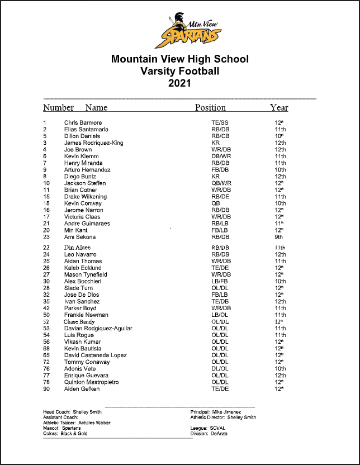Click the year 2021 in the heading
179,83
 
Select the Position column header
210,107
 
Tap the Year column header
279,107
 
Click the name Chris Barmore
83,122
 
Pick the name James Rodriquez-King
93,143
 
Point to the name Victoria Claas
82,216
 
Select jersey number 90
46,388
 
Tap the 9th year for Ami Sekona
280,236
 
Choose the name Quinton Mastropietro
91,382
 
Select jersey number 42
46,308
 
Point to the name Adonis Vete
80,368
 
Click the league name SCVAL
219,428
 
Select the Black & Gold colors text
74,434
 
